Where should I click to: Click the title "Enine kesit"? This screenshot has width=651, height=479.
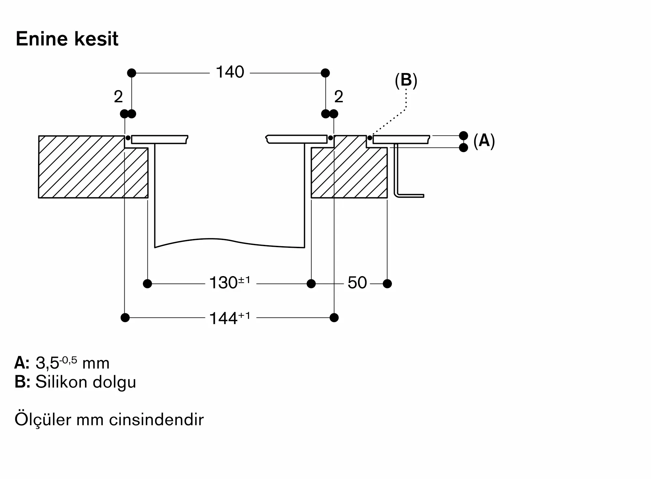[67, 39]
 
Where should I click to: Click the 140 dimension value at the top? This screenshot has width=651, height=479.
[230, 72]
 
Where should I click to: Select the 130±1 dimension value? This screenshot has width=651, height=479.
[230, 282]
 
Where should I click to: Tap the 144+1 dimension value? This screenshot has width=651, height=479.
[230, 318]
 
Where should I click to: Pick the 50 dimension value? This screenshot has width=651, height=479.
[357, 283]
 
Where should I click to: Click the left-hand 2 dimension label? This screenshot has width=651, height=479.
[118, 97]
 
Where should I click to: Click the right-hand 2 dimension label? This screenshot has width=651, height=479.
[339, 97]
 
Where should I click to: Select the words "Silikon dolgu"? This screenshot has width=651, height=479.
[86, 382]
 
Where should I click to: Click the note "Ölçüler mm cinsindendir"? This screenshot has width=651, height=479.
[109, 419]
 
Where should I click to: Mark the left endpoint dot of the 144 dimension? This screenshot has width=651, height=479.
[125, 317]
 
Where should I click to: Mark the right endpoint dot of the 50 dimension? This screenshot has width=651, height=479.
[387, 284]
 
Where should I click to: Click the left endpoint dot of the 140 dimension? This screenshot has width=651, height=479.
[132, 73]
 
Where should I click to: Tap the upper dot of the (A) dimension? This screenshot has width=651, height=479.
[464, 135]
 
